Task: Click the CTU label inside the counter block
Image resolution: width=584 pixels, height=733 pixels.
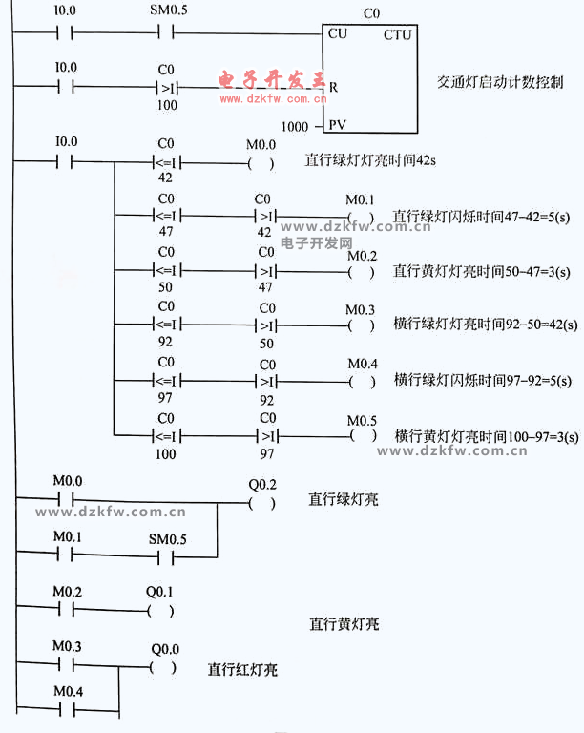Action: tap(397, 35)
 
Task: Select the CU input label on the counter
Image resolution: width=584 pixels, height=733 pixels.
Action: tap(337, 33)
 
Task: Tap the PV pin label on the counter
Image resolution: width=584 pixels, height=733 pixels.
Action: tap(337, 125)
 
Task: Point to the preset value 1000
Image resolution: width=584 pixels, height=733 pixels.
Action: tap(296, 126)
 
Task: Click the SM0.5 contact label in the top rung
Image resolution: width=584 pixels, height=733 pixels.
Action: tap(169, 11)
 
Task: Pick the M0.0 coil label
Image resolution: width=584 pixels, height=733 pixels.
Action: tap(261, 144)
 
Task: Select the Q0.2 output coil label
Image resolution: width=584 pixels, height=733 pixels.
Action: tap(261, 482)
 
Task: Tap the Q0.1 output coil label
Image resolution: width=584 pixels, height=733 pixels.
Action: tap(159, 591)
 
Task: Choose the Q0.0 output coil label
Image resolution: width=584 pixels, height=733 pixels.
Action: tap(165, 648)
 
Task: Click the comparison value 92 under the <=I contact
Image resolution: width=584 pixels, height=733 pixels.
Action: tap(166, 344)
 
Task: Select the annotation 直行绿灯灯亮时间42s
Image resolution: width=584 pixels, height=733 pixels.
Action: tap(371, 160)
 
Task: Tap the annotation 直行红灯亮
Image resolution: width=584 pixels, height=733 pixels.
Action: tap(242, 669)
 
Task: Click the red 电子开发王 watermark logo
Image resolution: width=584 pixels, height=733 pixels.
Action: tap(273, 78)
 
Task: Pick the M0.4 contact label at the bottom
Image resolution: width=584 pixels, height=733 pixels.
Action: tap(68, 690)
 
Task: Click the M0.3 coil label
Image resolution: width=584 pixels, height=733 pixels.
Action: tap(362, 309)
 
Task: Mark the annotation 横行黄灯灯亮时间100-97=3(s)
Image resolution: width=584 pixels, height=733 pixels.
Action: tap(486, 436)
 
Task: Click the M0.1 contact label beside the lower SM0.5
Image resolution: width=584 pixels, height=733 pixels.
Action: tap(68, 537)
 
